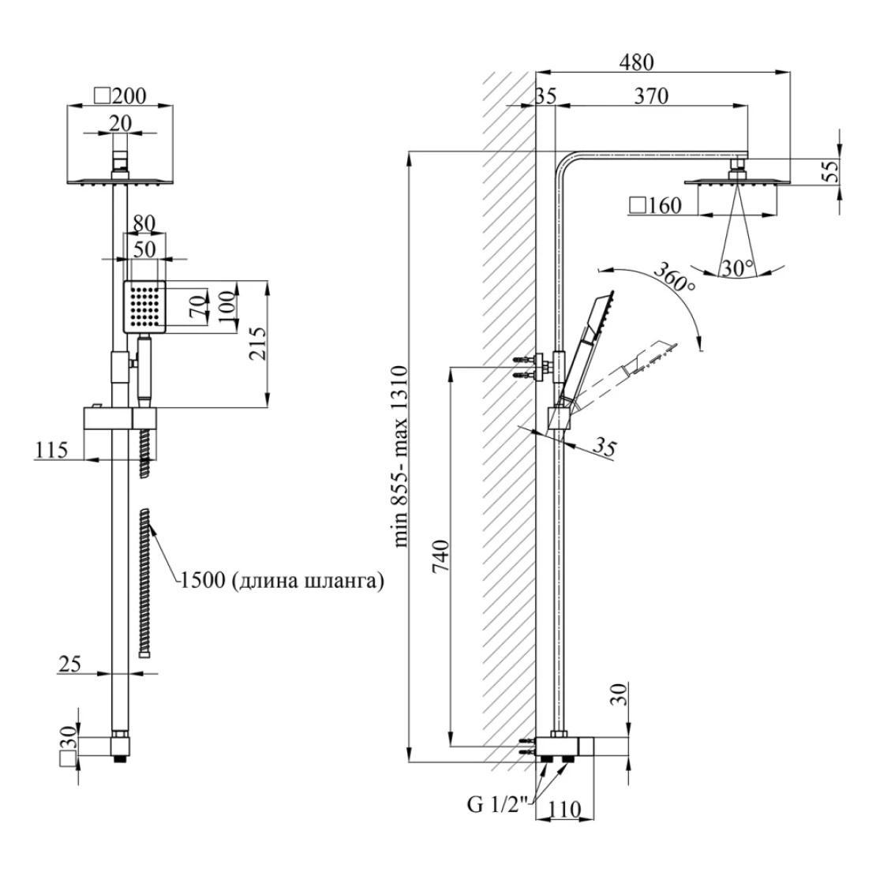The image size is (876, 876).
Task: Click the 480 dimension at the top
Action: coord(637,62)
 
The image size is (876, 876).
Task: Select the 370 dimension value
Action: coord(652,96)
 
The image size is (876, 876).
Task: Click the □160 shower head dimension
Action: coord(656,207)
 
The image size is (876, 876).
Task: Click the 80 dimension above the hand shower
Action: coord(144,224)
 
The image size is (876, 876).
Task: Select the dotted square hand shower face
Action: coord(145,306)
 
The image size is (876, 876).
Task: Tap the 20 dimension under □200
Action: coord(121,122)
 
